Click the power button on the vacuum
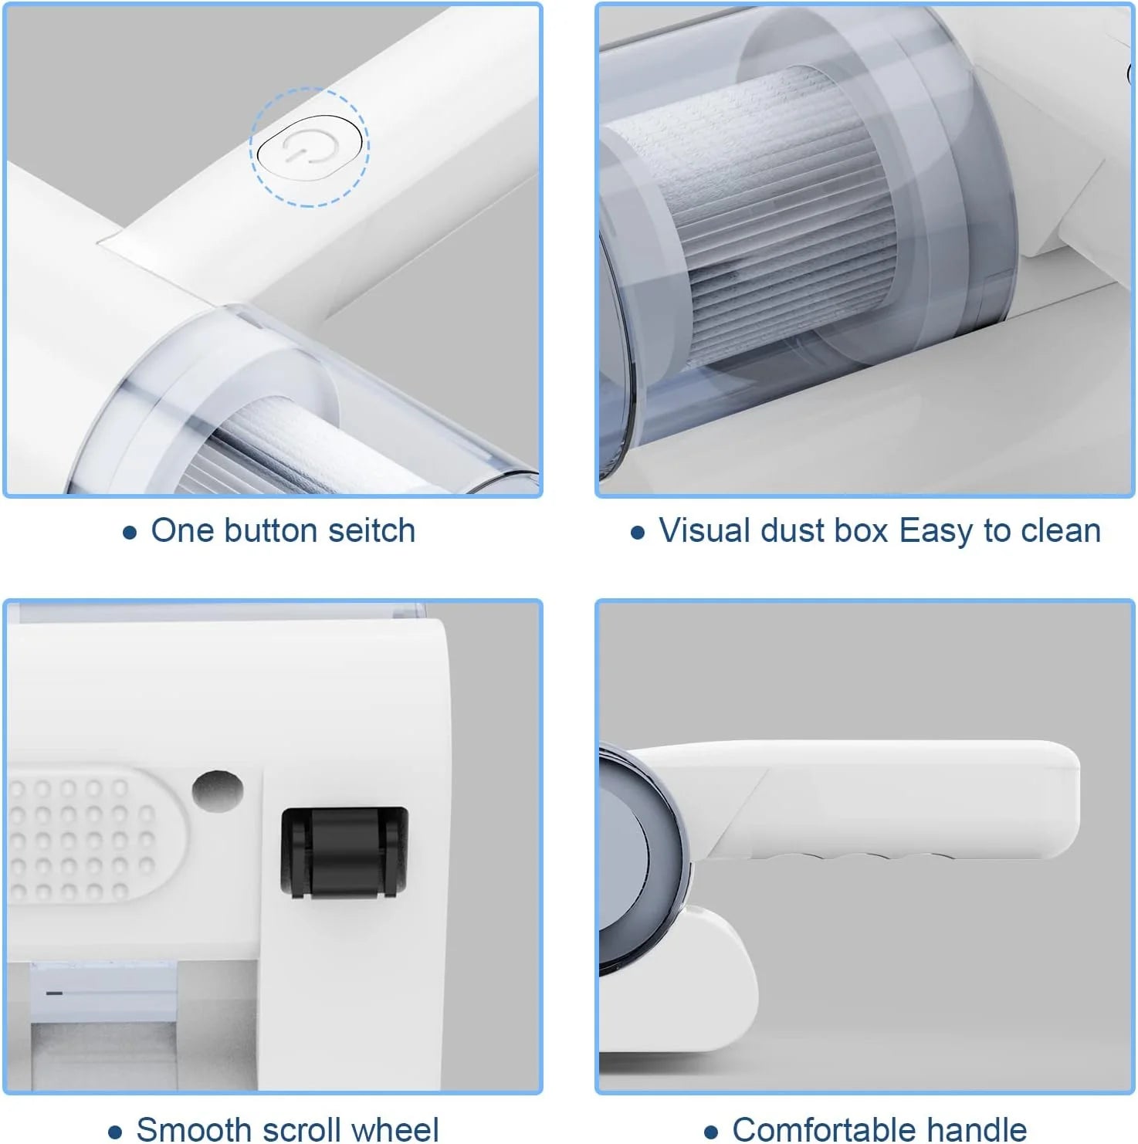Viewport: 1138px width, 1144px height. tap(310, 146)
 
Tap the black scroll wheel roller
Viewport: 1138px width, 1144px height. tap(344, 852)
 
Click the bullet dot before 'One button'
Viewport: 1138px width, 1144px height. tap(130, 533)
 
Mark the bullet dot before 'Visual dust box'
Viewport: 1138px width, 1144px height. tap(637, 533)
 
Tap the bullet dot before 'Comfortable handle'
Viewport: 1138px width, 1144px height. tap(711, 1132)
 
